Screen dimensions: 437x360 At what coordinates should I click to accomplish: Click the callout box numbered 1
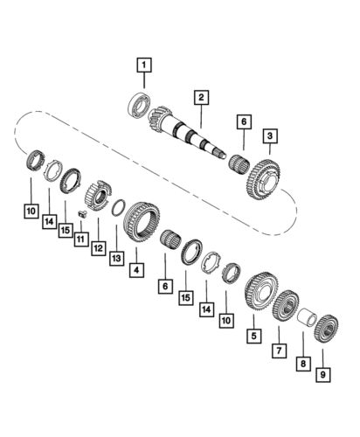coord(142,63)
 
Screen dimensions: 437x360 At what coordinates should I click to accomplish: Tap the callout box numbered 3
coord(271,135)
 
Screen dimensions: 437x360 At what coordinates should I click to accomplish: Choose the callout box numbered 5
coord(254,334)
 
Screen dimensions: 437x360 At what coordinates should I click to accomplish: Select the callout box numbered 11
coord(80,239)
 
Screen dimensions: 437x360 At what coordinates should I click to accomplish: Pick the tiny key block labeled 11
coord(81,213)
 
